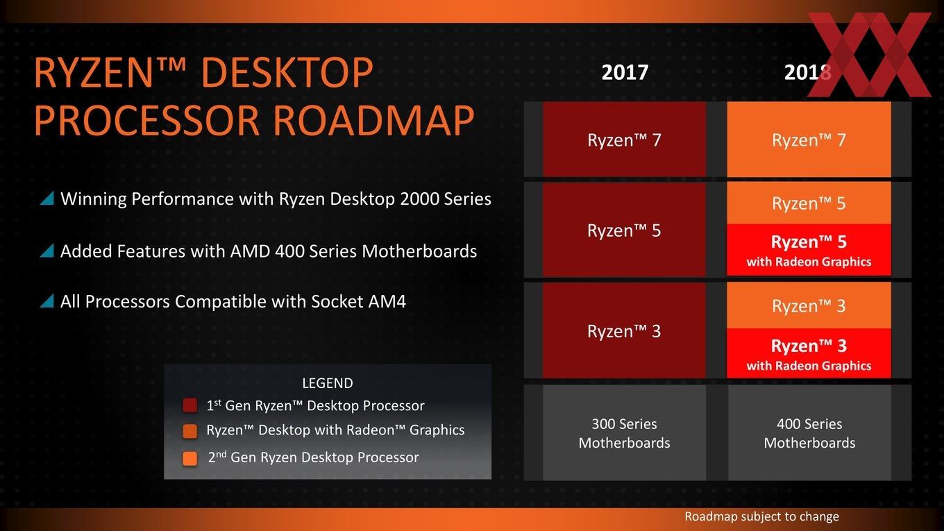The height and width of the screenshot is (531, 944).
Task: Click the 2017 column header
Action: click(625, 72)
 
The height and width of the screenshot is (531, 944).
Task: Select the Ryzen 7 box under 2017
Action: click(624, 140)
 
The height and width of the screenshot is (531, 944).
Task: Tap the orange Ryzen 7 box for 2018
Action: click(809, 140)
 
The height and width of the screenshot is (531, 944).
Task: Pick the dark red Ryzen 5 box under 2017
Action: click(624, 230)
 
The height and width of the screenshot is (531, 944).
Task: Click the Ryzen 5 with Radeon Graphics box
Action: click(809, 250)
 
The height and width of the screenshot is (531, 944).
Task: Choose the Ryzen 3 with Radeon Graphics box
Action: click(809, 353)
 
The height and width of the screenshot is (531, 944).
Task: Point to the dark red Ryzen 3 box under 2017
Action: click(624, 330)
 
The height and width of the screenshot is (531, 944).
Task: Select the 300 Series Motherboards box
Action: click(624, 433)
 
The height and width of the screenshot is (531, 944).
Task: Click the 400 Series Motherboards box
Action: click(809, 433)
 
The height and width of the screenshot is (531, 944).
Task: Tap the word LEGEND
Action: click(328, 383)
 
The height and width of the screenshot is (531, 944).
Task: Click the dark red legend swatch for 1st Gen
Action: click(190, 405)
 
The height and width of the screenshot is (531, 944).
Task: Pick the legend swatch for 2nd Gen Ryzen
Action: click(190, 459)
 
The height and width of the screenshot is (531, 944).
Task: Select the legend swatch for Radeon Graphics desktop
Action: click(190, 431)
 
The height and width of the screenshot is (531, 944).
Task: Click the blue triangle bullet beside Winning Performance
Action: click(47, 199)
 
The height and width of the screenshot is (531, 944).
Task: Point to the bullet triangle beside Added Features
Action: click(47, 251)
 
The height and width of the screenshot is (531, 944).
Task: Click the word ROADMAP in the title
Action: click(374, 121)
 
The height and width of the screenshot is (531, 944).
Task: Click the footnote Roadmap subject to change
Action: click(761, 516)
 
